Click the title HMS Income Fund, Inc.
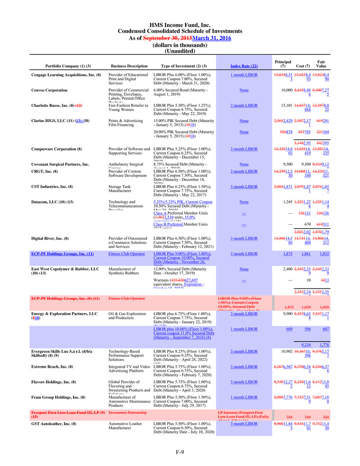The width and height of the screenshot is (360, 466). [x=180, y=25]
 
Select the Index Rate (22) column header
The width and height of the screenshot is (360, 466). [x=244, y=67]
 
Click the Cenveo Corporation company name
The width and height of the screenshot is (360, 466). [x=49, y=90]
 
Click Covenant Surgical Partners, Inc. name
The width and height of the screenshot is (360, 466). [x=60, y=164]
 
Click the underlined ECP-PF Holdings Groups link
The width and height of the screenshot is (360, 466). [x=62, y=254]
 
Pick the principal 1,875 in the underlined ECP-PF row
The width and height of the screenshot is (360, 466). [x=288, y=254]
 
